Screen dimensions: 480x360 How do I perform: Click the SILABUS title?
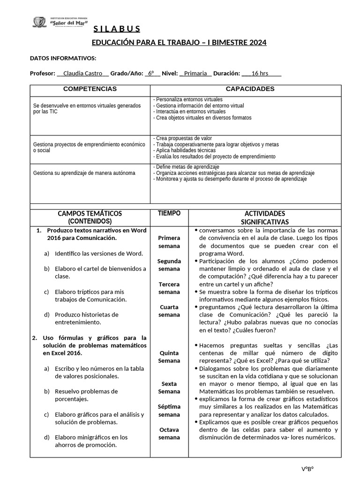(116, 30)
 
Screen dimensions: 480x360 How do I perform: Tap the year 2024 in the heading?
(257, 43)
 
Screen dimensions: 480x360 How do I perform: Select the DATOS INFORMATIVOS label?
(63, 58)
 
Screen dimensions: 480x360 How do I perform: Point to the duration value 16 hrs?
(260, 74)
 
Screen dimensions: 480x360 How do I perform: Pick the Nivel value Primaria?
(195, 74)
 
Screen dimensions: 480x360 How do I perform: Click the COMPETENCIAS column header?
(90, 89)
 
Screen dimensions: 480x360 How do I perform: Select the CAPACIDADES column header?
(250, 89)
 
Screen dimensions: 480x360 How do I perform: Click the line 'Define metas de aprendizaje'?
(186, 167)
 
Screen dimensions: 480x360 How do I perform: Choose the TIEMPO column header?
(169, 213)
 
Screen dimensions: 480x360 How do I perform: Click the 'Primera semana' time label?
(169, 242)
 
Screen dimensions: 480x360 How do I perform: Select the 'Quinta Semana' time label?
(169, 357)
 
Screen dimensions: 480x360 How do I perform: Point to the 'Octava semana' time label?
(169, 434)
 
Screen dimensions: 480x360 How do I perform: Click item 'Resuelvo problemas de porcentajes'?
(86, 395)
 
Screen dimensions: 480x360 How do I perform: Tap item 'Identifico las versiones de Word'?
(98, 254)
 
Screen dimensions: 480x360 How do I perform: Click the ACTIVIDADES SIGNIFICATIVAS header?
(265, 217)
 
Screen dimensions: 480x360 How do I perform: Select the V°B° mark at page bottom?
(307, 469)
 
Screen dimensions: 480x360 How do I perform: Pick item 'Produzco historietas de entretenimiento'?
(86, 318)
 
